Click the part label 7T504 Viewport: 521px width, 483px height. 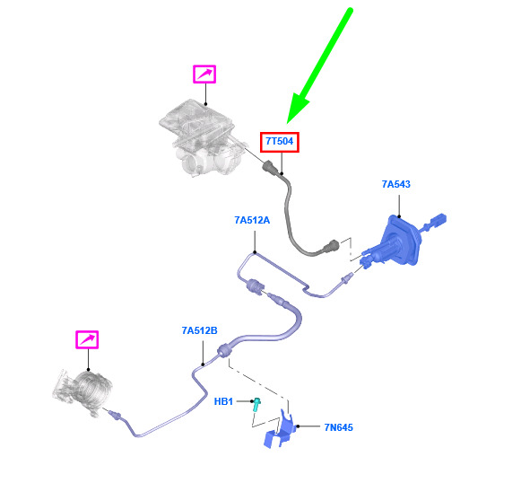point(280,141)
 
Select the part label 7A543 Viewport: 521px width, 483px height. point(395,184)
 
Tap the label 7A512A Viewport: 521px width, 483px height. point(252,220)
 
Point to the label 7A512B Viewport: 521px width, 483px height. point(200,330)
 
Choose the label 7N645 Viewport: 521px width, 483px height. point(339,427)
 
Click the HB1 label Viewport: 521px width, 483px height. point(223,401)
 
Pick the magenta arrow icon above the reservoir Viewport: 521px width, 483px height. point(204,74)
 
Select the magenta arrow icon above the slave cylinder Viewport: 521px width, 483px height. point(87,339)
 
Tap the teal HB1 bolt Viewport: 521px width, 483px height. point(256,404)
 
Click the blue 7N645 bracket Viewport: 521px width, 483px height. point(280,430)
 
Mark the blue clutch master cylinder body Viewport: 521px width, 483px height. point(398,241)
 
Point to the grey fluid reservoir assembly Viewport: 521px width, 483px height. point(203,138)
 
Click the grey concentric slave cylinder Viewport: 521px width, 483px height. point(83,392)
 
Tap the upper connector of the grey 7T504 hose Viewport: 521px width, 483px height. point(271,166)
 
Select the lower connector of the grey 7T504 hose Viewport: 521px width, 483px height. point(331,247)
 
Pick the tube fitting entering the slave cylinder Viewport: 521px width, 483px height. point(116,415)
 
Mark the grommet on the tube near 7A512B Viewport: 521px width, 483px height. point(224,350)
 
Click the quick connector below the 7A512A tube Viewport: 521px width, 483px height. point(255,286)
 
